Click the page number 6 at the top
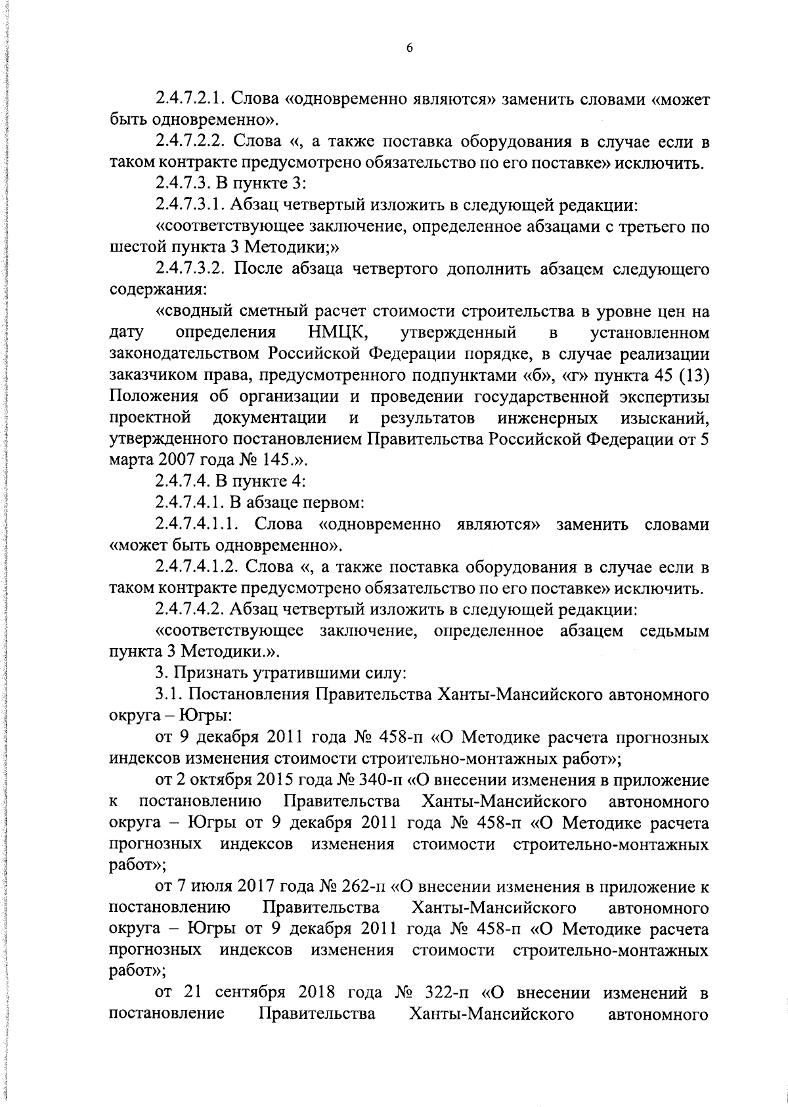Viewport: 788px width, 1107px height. tap(408, 48)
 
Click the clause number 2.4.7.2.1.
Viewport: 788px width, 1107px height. tap(191, 100)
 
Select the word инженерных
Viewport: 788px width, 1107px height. tap(548, 418)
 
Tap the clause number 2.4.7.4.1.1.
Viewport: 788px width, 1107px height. tap(196, 525)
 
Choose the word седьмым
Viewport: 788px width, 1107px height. tap(674, 631)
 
